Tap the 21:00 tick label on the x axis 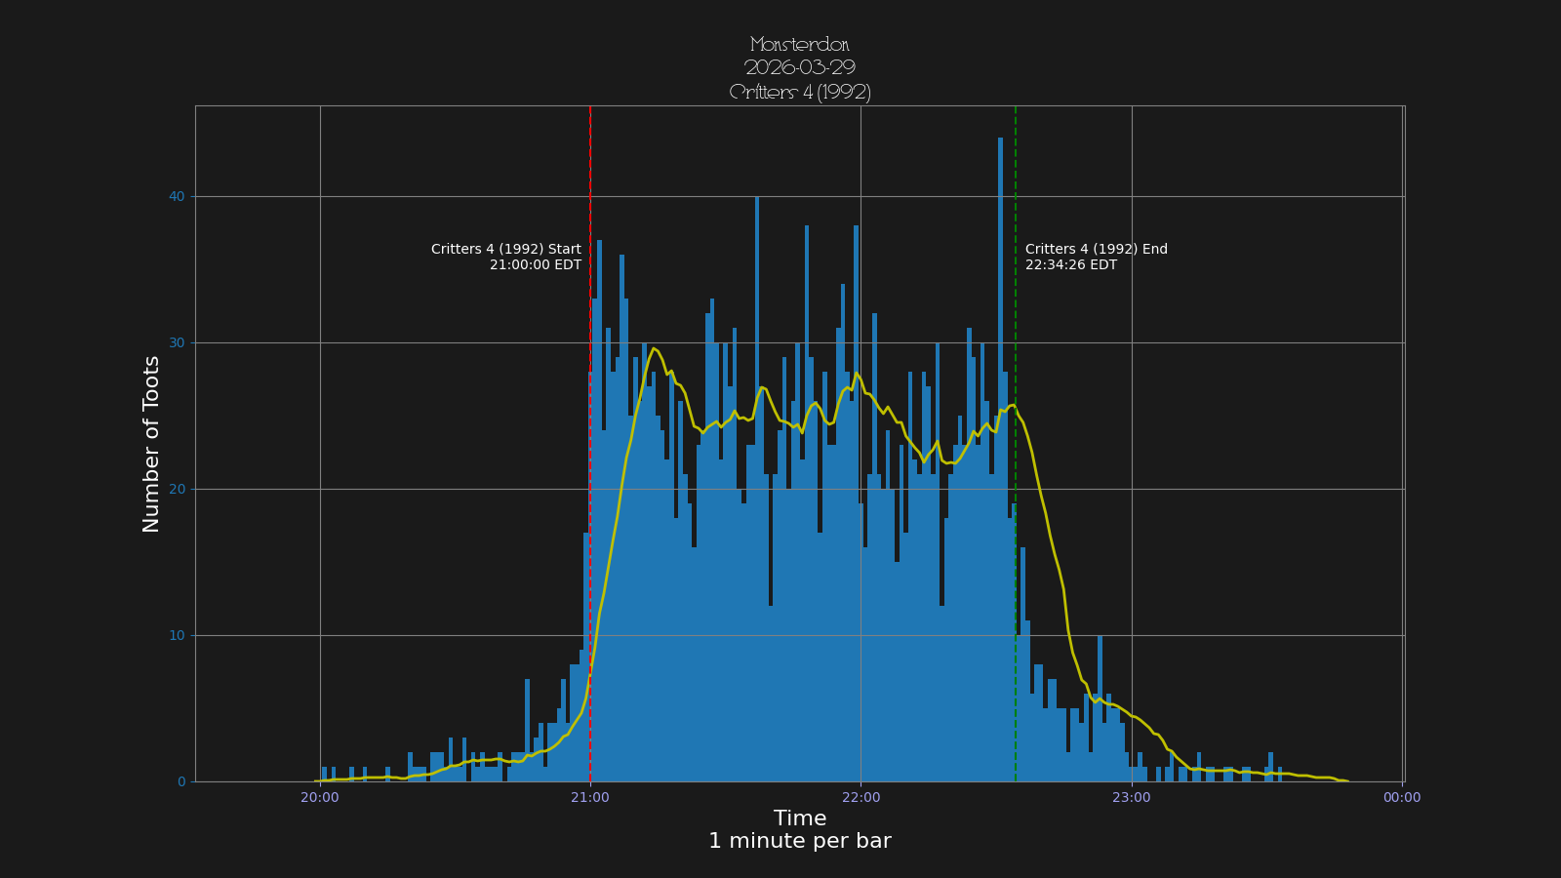(x=590, y=797)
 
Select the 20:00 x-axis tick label (x=320, y=797)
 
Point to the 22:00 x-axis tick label (x=861, y=797)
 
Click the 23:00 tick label (x=1132, y=797)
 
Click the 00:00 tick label (x=1402, y=797)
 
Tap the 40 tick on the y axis (x=177, y=196)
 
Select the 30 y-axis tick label (x=177, y=342)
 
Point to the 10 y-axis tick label (x=177, y=635)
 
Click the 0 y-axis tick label (x=181, y=781)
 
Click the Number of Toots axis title (x=151, y=444)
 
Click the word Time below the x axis (x=800, y=818)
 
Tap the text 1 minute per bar (x=800, y=841)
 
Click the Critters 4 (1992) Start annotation (x=506, y=249)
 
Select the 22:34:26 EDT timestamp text (x=1071, y=265)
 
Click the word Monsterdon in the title (x=800, y=45)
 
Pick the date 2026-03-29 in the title (x=800, y=68)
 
